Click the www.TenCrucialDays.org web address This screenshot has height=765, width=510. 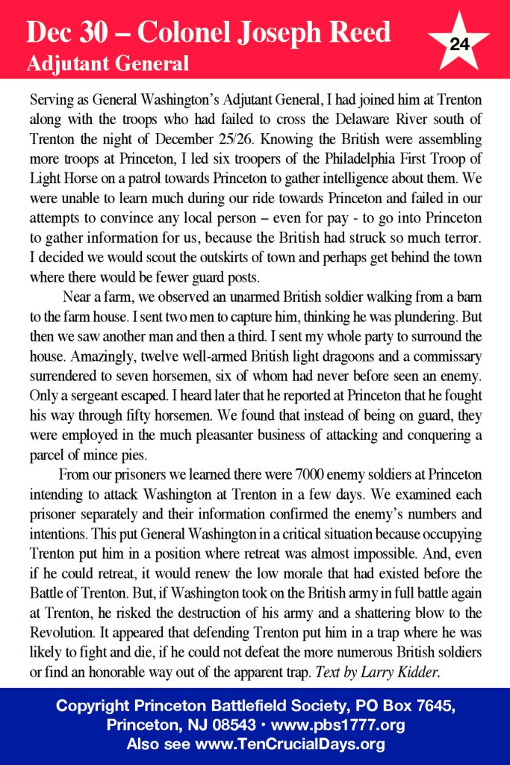click(x=290, y=744)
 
